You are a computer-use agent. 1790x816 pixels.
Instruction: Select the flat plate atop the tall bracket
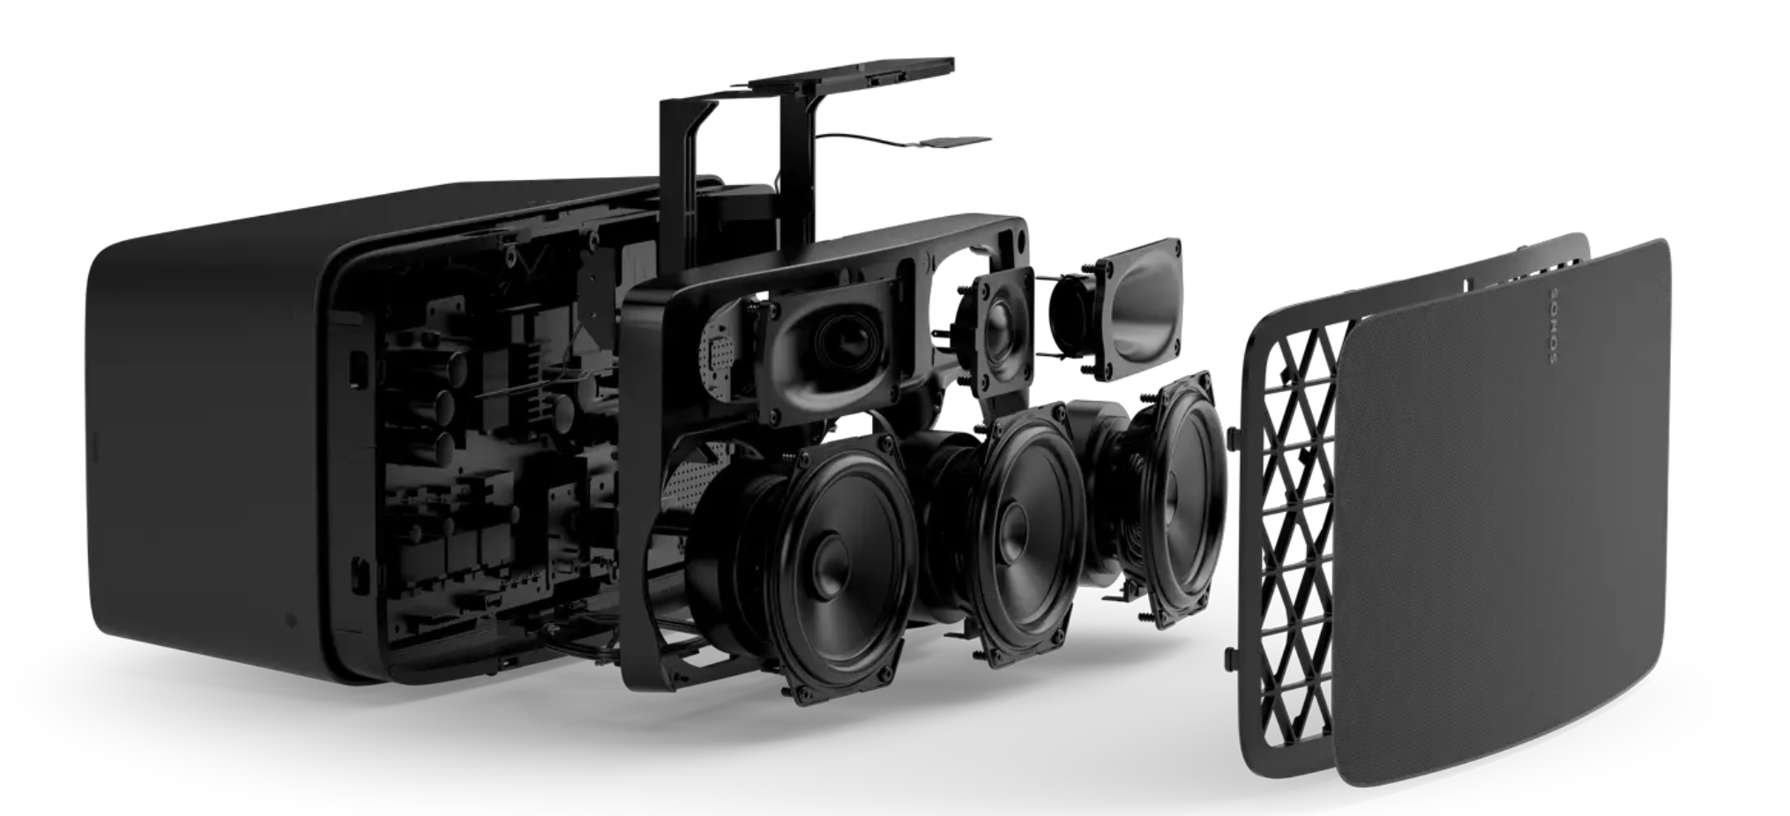point(851,75)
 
